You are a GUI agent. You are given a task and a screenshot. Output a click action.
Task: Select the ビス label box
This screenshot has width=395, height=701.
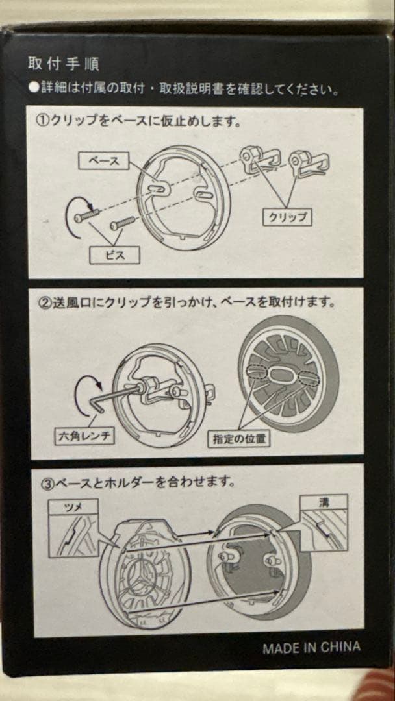click(115, 254)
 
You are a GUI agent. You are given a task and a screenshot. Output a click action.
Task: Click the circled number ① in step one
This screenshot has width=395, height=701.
click(41, 121)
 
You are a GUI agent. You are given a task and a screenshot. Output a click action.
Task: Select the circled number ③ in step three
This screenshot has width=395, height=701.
click(41, 483)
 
